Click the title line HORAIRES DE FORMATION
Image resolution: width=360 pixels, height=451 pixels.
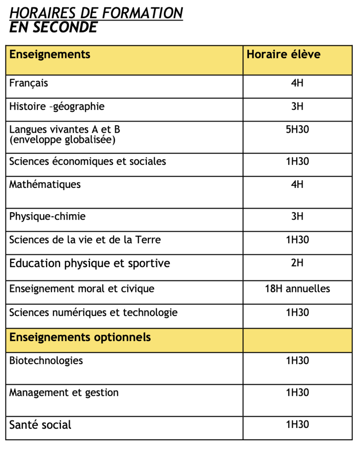(x=96, y=13)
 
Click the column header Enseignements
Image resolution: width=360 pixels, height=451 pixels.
(x=50, y=54)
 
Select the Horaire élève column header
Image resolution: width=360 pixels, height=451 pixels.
(x=283, y=54)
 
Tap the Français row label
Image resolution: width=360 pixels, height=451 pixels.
(x=29, y=83)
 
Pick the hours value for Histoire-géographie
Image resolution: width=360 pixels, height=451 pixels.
(x=297, y=106)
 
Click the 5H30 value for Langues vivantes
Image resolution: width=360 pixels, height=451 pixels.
(x=297, y=129)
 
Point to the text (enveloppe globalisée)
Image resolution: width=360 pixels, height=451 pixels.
(x=62, y=140)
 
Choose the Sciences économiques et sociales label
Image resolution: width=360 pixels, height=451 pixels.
(x=88, y=162)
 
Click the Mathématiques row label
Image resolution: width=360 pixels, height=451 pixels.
(x=45, y=185)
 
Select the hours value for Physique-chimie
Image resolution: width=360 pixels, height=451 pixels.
(x=297, y=216)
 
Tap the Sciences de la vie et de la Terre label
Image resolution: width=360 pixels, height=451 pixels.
(x=85, y=240)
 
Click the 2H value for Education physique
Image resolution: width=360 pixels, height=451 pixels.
(x=297, y=263)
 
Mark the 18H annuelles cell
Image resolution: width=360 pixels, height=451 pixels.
(x=297, y=289)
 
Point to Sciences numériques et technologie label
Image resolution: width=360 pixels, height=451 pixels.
(x=93, y=312)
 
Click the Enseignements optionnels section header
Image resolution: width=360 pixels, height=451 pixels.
(x=80, y=337)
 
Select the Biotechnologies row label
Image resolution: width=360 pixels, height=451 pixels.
(x=46, y=360)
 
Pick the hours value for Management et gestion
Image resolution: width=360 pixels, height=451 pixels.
(x=297, y=393)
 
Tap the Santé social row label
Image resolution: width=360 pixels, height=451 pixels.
(x=40, y=425)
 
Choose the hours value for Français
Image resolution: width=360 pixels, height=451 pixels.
(x=297, y=83)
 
